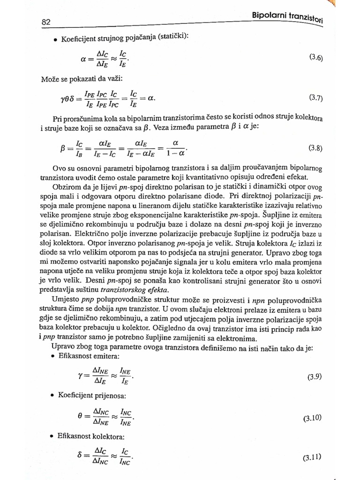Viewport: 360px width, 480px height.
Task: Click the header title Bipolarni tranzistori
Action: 288,17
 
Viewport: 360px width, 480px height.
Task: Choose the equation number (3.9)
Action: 315,376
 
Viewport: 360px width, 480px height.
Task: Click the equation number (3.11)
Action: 313,457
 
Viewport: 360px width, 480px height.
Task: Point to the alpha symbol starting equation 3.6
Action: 83,59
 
